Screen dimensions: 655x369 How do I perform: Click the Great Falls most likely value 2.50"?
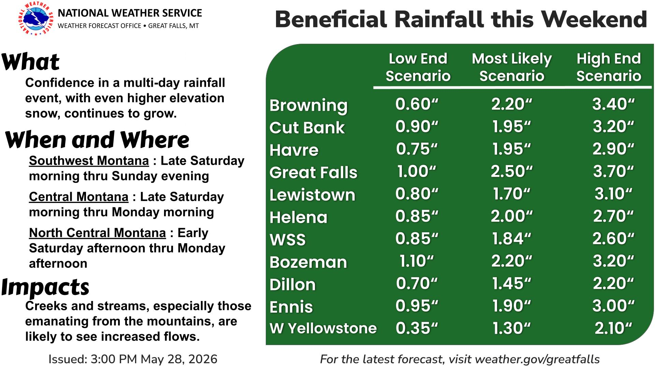click(512, 171)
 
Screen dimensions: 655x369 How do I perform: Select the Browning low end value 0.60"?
click(417, 104)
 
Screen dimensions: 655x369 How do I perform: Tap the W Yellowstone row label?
click(323, 328)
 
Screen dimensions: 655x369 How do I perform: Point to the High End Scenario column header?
click(609, 67)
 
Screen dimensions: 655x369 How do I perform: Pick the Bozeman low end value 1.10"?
click(417, 261)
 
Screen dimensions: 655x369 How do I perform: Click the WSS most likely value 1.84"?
click(512, 239)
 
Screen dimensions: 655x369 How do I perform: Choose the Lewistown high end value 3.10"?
click(613, 194)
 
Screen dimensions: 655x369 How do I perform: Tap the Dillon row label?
click(292, 285)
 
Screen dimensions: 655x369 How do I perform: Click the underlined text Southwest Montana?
click(89, 161)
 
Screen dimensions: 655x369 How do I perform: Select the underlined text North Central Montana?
click(98, 233)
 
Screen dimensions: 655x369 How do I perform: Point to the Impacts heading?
click(45, 287)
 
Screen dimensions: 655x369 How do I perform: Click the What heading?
click(31, 62)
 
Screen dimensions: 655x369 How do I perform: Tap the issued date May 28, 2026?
click(179, 359)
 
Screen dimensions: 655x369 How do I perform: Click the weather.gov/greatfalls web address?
click(537, 359)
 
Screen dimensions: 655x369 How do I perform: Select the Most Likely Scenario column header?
click(512, 67)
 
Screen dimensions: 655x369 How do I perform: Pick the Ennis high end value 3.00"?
click(613, 306)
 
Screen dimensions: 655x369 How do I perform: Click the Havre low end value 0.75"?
click(417, 149)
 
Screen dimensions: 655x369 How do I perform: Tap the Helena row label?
click(298, 218)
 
